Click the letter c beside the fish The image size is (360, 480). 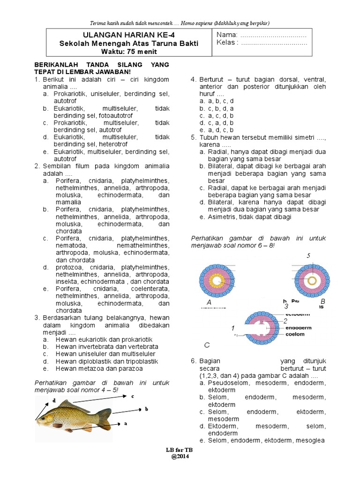click(133, 397)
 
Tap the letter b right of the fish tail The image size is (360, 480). click(146, 409)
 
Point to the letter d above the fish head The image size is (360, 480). click(54, 401)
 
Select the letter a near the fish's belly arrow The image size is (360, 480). click(126, 423)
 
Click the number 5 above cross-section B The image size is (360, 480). click(308, 255)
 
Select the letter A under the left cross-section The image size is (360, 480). click(209, 303)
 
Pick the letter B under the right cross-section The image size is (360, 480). click(322, 301)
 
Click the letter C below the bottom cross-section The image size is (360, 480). click(206, 345)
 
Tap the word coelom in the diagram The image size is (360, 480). click(294, 334)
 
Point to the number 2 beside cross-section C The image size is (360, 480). click(285, 321)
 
